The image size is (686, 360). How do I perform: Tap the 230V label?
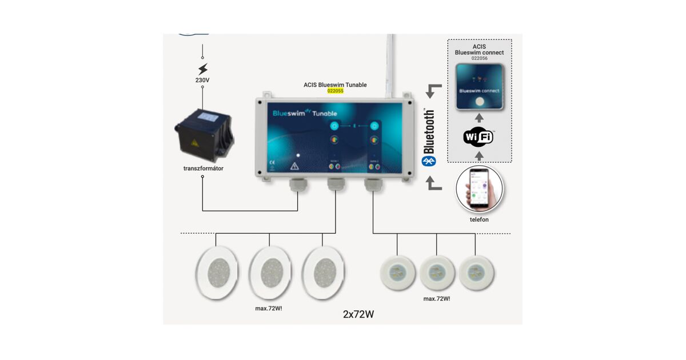202,81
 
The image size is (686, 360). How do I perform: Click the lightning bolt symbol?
202,70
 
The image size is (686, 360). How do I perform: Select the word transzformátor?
202,169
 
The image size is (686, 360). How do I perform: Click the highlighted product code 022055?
335,91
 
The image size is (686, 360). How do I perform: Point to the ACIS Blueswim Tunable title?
335,85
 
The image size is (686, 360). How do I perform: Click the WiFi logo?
479,137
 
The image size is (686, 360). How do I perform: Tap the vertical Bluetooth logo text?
430,133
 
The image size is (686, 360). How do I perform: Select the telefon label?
479,219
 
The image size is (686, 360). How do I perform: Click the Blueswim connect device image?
479,87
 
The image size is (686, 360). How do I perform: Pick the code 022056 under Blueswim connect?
479,58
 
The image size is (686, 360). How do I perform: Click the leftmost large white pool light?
216,273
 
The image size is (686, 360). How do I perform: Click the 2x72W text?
358,314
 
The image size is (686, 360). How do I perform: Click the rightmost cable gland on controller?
372,185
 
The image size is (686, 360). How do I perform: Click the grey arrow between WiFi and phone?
479,155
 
